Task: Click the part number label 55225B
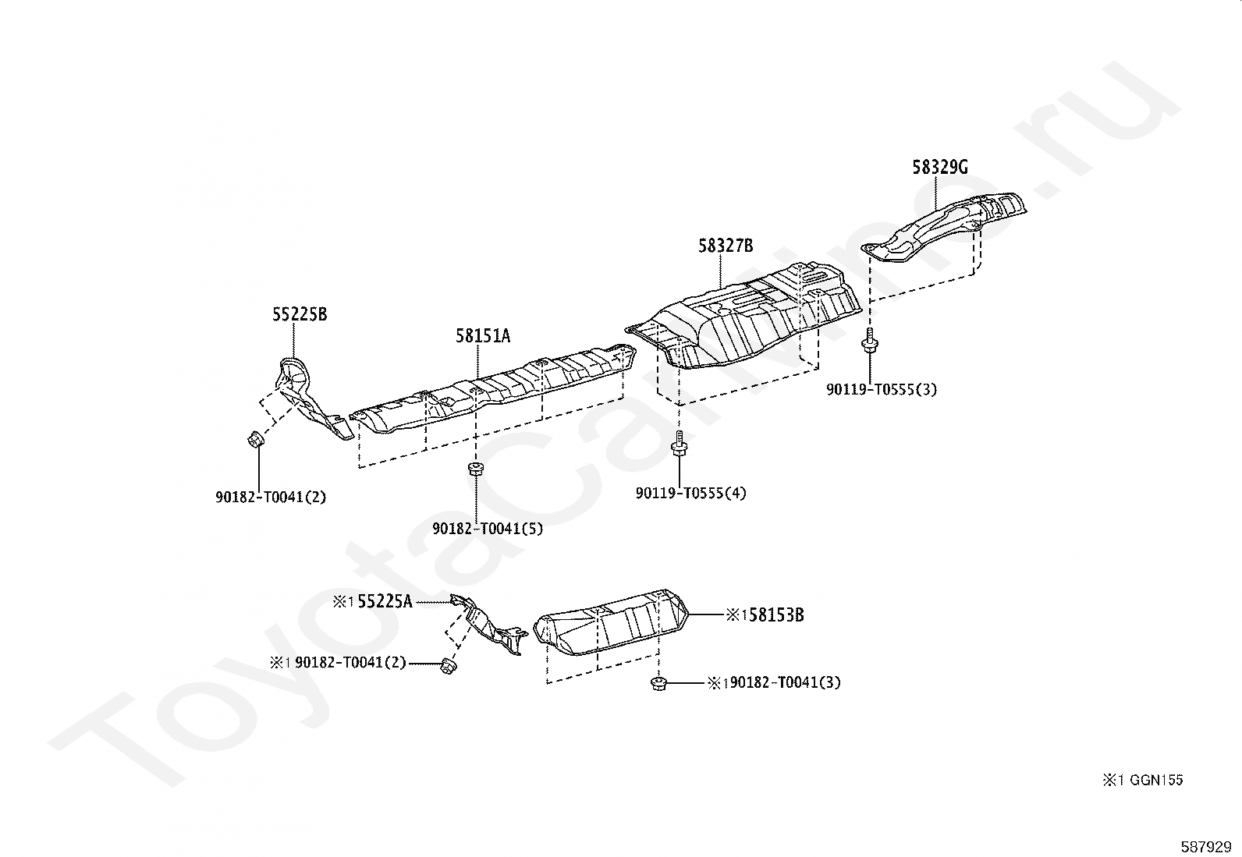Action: click(x=299, y=315)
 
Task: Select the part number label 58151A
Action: click(x=483, y=336)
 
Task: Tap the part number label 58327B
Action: click(x=725, y=246)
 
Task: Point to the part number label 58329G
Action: click(x=940, y=167)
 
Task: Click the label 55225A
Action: click(x=385, y=601)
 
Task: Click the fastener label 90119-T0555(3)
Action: click(x=882, y=389)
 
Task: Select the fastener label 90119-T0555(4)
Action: click(x=690, y=493)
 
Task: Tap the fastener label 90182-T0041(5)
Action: click(x=488, y=528)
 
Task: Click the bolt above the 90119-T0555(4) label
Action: click(x=678, y=444)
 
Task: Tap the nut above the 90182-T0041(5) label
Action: click(x=474, y=468)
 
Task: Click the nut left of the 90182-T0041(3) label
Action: click(x=657, y=683)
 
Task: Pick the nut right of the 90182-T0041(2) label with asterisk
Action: click(x=447, y=664)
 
